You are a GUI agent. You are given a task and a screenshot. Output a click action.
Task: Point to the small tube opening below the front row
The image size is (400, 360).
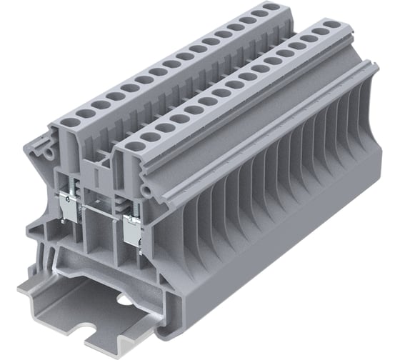point(146,189)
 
